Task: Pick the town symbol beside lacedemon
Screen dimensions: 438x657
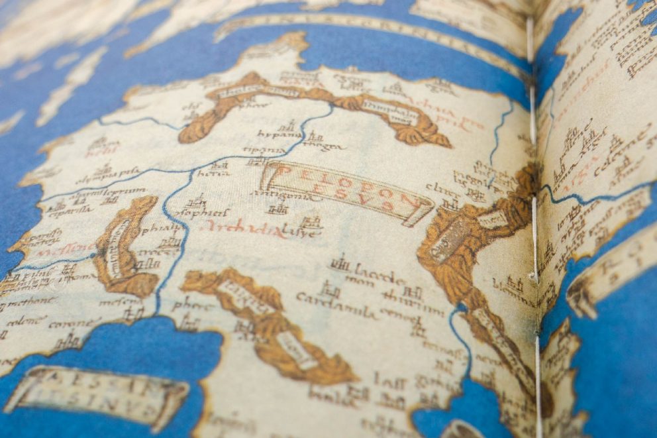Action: pyautogui.click(x=340, y=263)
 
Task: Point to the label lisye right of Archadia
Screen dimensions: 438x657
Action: pyautogui.click(x=301, y=233)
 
